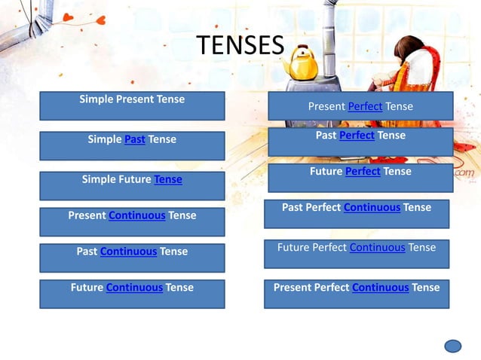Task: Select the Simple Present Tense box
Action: [x=132, y=105]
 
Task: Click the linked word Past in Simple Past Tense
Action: [x=135, y=139]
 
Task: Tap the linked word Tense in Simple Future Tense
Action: [x=168, y=180]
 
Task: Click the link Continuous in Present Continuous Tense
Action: [x=137, y=215]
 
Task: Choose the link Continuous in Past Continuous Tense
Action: [x=128, y=252]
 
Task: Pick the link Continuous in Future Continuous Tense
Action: [x=134, y=288]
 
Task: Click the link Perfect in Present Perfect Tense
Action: [x=365, y=107]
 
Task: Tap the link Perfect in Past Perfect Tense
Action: [x=357, y=136]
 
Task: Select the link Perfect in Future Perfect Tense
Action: [x=363, y=172]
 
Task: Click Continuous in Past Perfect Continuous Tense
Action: [x=372, y=207]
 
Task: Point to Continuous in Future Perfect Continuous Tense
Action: [x=378, y=247]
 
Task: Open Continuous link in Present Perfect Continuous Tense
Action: [x=380, y=288]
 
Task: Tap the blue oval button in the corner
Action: [x=452, y=346]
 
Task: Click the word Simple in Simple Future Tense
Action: [x=99, y=180]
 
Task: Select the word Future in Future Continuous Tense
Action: [x=87, y=288]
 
